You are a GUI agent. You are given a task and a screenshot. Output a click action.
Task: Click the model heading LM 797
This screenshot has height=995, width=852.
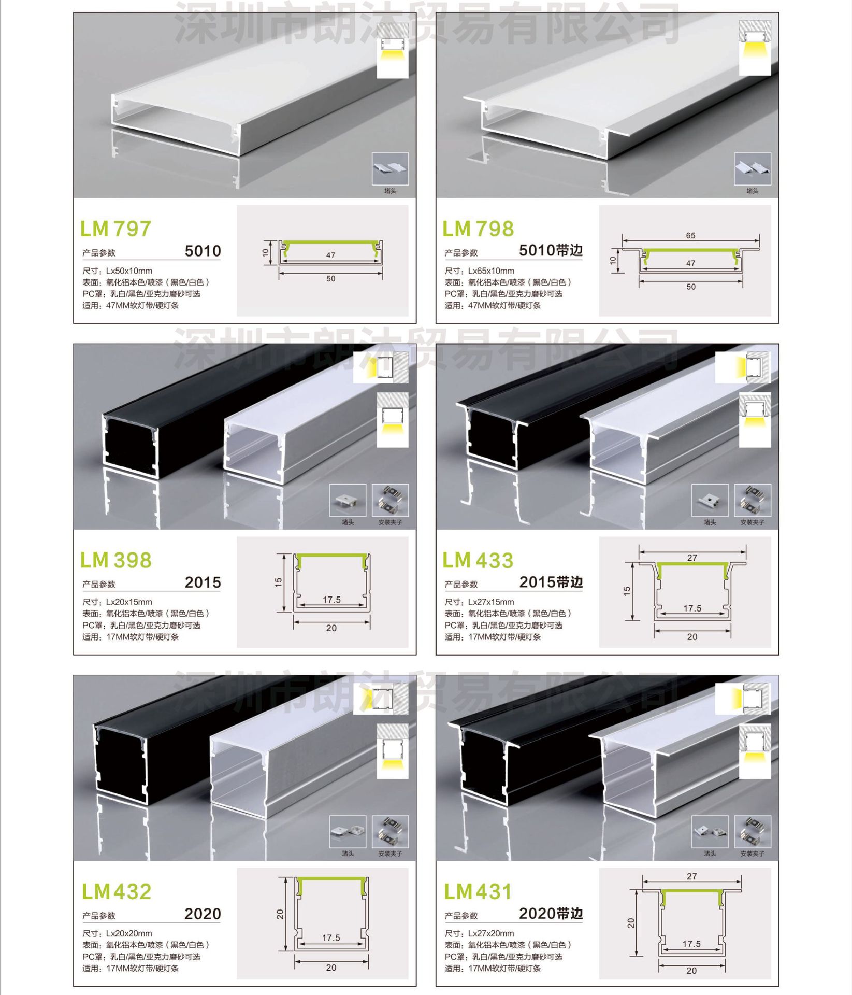pos(115,229)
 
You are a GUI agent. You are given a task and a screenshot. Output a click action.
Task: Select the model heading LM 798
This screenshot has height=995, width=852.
pos(478,229)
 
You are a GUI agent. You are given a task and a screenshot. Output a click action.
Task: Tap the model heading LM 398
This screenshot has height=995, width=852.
pos(116,560)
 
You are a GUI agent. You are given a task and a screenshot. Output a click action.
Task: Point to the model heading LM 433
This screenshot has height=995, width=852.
pos(478,560)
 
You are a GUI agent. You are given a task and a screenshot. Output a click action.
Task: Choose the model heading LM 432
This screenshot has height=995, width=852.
pos(117,891)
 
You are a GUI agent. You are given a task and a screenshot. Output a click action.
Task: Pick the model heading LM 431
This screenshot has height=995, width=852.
pos(478,891)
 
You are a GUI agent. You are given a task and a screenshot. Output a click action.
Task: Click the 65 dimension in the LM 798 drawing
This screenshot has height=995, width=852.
pos(690,235)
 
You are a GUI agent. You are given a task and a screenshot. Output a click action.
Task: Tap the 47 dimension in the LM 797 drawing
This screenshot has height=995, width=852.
pos(330,255)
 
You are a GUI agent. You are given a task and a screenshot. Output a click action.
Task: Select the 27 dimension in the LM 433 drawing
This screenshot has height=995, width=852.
pos(692,558)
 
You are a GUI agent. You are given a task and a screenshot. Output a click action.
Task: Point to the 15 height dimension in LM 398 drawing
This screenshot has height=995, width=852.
pos(279,582)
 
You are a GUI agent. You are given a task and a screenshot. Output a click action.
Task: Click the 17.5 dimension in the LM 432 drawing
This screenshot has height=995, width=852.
pos(331,937)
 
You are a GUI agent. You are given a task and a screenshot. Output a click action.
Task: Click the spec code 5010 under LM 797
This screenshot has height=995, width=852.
pos(203,251)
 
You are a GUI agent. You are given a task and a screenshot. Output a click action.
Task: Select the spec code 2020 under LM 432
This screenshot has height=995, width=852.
pos(203,914)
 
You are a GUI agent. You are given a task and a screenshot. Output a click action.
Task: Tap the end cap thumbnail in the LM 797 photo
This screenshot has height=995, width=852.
pos(390,168)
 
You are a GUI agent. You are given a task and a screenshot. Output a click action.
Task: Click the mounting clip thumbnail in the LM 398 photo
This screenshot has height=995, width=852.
pos(390,500)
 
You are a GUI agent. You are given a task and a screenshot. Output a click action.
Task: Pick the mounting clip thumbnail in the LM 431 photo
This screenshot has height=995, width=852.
pos(752,831)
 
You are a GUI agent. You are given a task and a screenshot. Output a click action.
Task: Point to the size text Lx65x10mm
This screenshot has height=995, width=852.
pos(491,271)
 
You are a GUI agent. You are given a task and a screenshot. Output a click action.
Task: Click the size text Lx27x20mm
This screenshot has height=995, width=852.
pos(491,933)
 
